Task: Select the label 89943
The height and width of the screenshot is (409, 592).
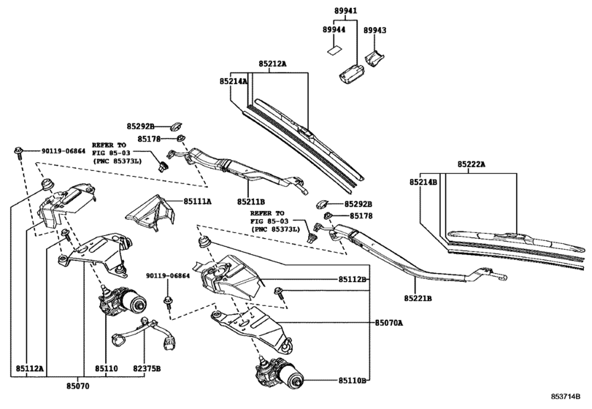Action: pos(375,30)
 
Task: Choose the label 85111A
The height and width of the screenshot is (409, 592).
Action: pos(197,201)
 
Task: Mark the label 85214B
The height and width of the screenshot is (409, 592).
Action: pos(423,182)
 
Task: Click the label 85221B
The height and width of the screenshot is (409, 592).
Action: pos(418,298)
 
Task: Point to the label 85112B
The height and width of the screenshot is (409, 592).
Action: pos(353,280)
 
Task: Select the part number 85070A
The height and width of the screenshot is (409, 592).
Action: pos(390,321)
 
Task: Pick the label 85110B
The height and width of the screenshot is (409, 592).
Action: pos(353,381)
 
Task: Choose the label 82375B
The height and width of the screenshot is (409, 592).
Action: pos(147,369)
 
